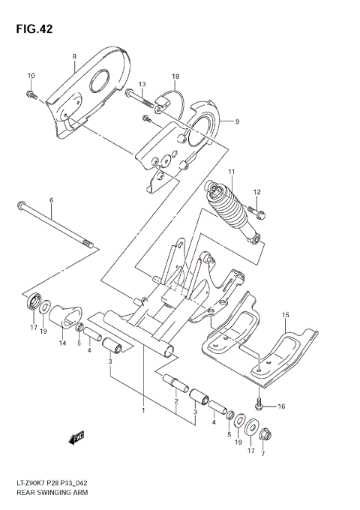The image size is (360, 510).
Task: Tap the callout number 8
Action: tap(75, 57)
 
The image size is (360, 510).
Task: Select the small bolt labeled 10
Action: tap(32, 94)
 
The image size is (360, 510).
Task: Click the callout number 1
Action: tap(142, 410)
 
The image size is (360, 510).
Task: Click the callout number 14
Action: tap(61, 343)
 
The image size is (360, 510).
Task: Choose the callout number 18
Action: tap(175, 77)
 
